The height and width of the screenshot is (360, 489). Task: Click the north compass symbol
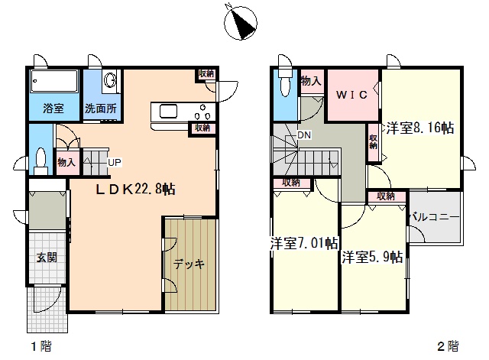241,22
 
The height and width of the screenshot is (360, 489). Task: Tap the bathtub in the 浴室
54,81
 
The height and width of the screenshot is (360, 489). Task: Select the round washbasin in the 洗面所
110,80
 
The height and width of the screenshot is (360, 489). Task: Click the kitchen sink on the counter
168,112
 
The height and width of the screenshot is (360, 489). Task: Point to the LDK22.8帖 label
135,189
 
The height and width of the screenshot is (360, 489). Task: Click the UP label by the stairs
115,162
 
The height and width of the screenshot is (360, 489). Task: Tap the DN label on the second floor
304,135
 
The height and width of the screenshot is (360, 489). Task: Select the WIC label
352,95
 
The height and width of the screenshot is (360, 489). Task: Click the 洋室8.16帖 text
420,128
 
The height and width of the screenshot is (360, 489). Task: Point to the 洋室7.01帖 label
303,243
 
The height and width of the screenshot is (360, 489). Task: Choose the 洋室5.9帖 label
372,257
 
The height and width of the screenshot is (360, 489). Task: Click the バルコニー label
435,217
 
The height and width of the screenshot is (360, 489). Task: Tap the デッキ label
189,264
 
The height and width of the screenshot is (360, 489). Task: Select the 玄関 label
47,258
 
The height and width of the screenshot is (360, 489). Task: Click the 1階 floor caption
41,346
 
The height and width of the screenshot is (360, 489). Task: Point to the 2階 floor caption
448,346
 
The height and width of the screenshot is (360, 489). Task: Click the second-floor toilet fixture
285,82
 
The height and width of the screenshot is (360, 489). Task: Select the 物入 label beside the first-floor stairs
66,162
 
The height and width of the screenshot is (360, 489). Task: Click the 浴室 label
53,109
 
